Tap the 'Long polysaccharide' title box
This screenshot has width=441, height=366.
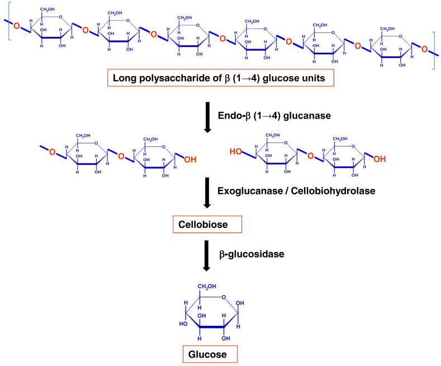pyautogui.click(x=219, y=78)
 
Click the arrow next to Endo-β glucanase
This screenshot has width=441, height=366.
pyautogui.click(x=208, y=117)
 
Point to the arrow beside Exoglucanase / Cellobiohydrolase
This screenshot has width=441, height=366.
pyautogui.click(x=208, y=192)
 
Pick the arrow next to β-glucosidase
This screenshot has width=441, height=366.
pyautogui.click(x=208, y=255)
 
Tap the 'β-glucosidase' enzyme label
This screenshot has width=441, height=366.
pyautogui.click(x=249, y=254)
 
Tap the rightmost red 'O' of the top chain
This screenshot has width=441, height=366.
pyautogui.click(x=424, y=50)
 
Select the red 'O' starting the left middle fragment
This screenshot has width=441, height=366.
pyautogui.click(x=52, y=151)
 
